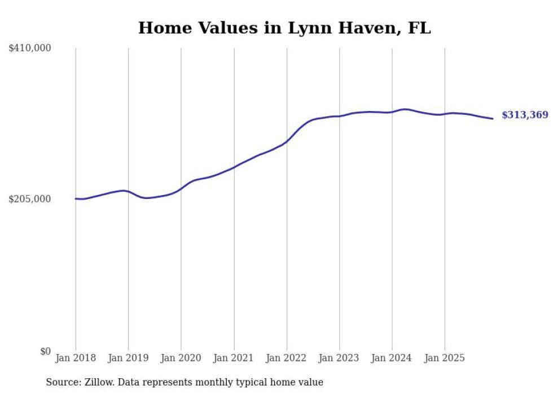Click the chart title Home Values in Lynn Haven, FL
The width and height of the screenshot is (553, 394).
[x=284, y=28]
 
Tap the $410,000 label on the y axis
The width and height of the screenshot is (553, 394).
[x=30, y=48]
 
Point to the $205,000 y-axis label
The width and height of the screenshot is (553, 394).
[x=30, y=199]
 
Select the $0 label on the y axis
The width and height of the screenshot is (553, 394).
[x=45, y=351]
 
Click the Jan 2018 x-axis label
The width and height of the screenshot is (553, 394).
[x=76, y=358]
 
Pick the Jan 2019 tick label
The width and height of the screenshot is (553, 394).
[x=128, y=358]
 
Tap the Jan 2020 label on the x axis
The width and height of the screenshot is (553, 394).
[x=181, y=358]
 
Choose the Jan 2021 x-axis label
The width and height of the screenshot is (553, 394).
[x=234, y=358]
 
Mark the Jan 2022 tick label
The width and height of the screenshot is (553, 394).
[x=287, y=358]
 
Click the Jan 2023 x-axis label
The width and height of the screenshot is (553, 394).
[x=339, y=358]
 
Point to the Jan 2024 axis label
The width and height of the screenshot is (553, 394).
[x=392, y=358]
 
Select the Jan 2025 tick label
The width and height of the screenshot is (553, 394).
[x=445, y=358]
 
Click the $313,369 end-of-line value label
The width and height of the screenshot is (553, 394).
[x=525, y=115]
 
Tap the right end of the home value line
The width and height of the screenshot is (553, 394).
[x=493, y=118]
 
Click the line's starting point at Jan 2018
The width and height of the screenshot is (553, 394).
[x=76, y=198]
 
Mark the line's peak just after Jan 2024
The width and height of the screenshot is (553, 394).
[x=405, y=109]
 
